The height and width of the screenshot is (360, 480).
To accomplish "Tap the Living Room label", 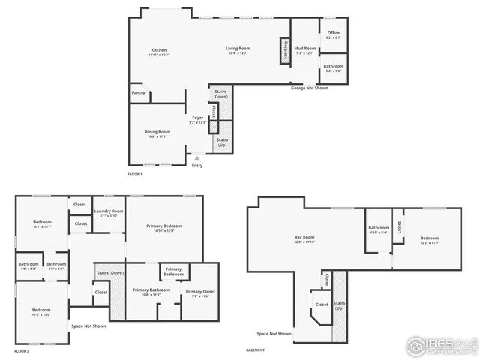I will pos(237,50).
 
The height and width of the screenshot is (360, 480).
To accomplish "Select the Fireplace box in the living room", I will pos(285,50).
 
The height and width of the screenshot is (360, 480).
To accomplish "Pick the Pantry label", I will pos(138,92).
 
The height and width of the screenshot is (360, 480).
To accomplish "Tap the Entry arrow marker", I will pos(197,157).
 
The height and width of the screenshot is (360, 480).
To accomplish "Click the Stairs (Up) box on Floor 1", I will pos(223,142).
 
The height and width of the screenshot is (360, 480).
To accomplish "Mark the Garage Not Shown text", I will pos(310,88).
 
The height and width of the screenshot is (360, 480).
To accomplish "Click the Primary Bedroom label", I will pos(164,227).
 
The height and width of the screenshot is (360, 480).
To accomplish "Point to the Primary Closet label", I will pos(200,292).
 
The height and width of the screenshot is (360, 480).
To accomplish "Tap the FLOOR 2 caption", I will pos(22,351).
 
